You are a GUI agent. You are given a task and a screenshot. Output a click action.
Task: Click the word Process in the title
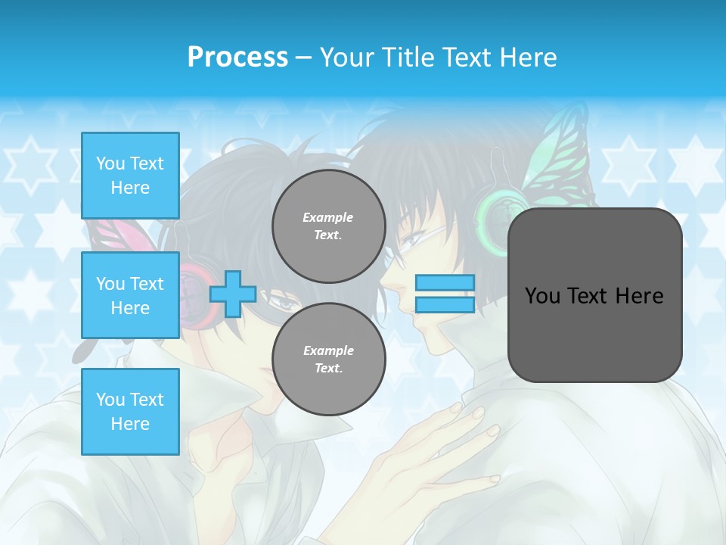237,58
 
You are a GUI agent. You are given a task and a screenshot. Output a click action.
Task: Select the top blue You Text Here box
130,176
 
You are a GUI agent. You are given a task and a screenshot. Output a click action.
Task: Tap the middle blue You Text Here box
130,295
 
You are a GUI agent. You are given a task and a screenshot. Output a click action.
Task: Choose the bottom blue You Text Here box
130,411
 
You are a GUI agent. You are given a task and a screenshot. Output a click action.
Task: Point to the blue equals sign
445,294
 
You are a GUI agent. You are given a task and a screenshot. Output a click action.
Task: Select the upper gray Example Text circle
328,226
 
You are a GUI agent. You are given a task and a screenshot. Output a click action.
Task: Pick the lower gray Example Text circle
328,360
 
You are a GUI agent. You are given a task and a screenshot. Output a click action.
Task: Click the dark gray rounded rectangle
594,295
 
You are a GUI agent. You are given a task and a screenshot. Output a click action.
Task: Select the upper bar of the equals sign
445,283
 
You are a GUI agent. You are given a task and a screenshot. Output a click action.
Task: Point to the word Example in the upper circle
328,217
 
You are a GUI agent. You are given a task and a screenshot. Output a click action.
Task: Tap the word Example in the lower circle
328,350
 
